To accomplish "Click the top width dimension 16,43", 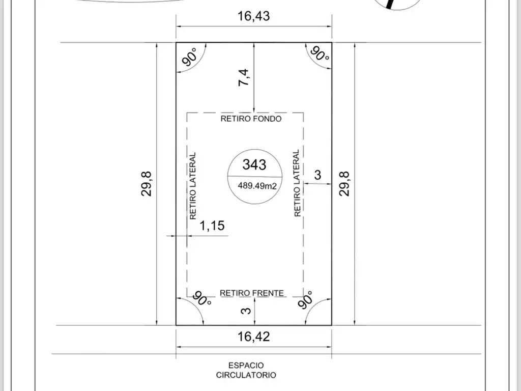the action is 253,16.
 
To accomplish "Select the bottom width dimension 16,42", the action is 253,337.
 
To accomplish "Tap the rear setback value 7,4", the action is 244,77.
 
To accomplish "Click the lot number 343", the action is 254,164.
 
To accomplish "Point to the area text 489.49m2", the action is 257,185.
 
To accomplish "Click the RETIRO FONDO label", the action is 251,119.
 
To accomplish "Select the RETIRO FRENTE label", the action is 252,293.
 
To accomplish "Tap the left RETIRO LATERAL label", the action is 193,186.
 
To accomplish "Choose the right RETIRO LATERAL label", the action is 297,183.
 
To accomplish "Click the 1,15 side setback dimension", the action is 212,226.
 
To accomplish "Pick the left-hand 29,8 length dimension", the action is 147,183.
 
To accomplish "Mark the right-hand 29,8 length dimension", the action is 344,183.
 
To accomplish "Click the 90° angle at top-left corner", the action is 190,57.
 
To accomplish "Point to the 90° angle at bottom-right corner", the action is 306,300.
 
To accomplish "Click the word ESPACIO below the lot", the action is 246,366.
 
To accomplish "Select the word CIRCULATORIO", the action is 246,375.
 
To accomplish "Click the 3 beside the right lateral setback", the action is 317,175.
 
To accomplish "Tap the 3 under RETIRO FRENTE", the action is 246,311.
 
